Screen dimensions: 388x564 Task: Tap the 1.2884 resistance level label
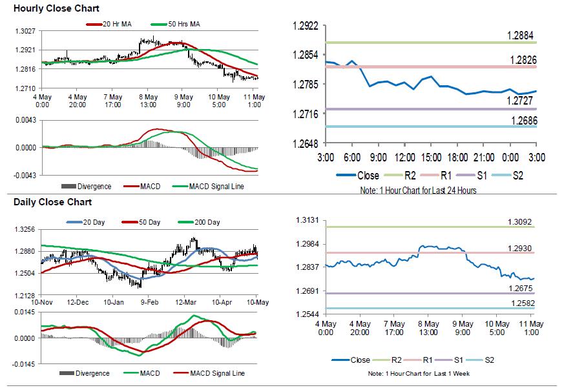click(x=522, y=35)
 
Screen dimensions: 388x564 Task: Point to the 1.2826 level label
click(x=522, y=59)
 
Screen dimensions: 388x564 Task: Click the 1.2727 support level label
click(x=522, y=101)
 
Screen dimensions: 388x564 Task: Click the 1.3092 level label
click(x=519, y=223)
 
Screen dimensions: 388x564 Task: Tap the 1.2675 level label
click(x=519, y=288)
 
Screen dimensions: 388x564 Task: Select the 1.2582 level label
click(x=519, y=303)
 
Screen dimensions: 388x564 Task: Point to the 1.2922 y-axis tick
click(x=306, y=26)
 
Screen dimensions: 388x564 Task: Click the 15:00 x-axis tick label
click(x=431, y=157)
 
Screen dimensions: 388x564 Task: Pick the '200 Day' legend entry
click(x=206, y=222)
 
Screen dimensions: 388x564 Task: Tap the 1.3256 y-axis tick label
click(x=25, y=229)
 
